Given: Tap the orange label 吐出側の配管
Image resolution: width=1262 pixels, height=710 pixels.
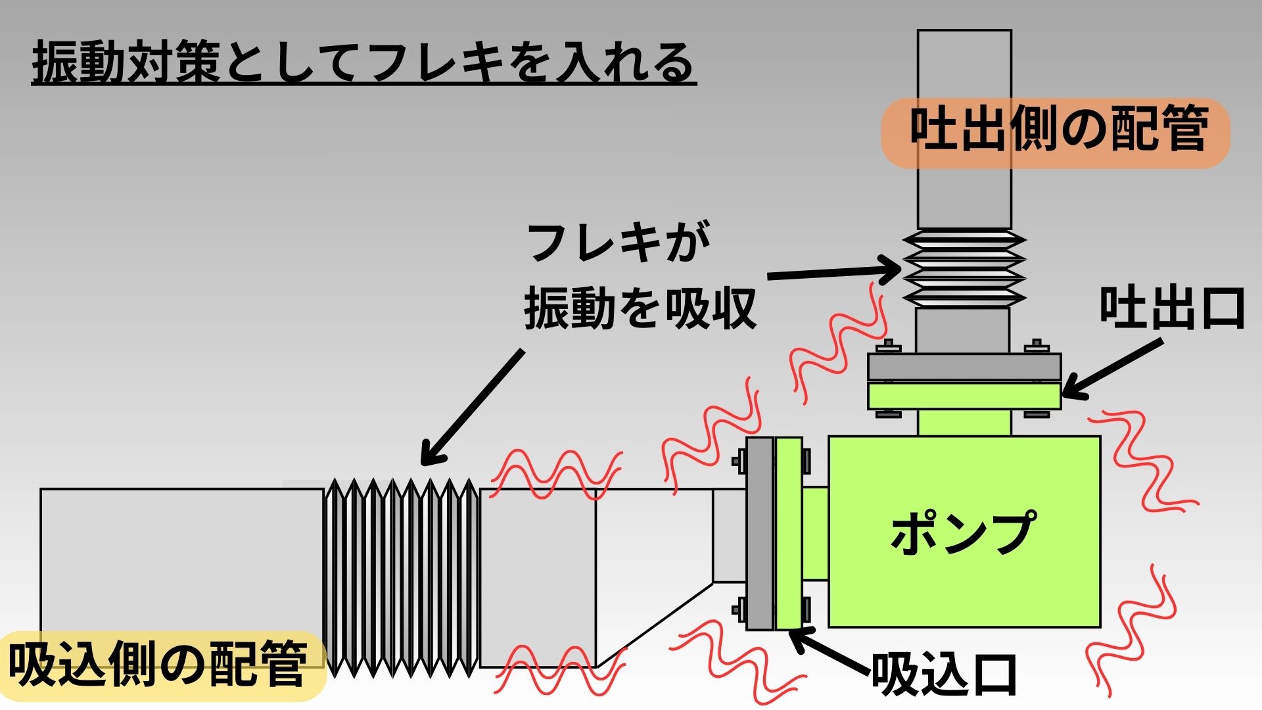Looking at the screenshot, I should pyautogui.click(x=1056, y=131).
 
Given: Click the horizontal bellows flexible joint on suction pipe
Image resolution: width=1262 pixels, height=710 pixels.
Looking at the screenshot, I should pyautogui.click(x=402, y=579).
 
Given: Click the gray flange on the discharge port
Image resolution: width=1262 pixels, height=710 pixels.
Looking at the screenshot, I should pyautogui.click(x=964, y=367).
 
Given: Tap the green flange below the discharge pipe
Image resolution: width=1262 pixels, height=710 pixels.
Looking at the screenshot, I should pyautogui.click(x=964, y=396).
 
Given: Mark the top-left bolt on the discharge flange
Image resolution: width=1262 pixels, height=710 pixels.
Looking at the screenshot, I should pyautogui.click(x=889, y=346).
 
